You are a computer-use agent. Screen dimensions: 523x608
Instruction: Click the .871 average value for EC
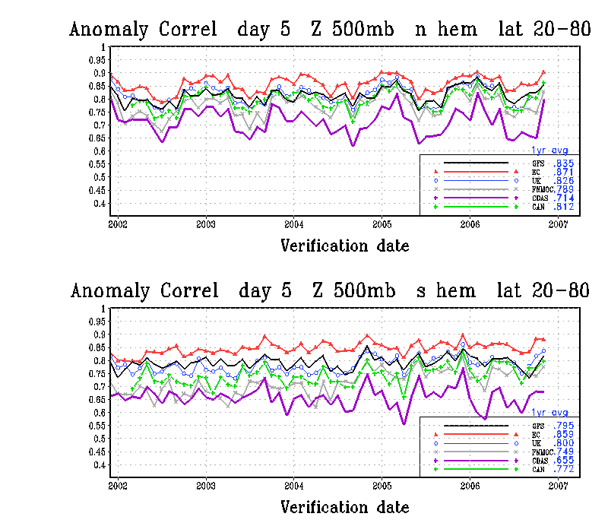pos(563,173)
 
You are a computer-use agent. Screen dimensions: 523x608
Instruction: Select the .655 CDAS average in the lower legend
pos(563,461)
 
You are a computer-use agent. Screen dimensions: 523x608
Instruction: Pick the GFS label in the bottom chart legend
pos(537,425)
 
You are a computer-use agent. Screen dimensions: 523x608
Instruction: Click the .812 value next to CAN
pos(563,207)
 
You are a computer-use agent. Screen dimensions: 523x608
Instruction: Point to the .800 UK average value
pos(563,442)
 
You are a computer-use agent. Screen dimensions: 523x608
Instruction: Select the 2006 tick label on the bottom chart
pos(470,487)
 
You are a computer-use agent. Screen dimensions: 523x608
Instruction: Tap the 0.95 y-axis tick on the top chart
pos(96,60)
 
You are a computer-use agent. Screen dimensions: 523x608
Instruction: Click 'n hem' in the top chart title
pos(447,30)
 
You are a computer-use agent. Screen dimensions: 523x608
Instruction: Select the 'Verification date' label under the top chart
pos(345,246)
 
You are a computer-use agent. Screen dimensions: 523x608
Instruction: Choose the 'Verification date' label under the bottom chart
pos(345,507)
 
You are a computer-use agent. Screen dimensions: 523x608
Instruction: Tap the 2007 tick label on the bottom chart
pos(559,487)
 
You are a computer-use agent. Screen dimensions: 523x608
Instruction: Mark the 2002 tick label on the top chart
pos(118,225)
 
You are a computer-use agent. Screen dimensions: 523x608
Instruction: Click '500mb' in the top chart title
pos(357,30)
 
